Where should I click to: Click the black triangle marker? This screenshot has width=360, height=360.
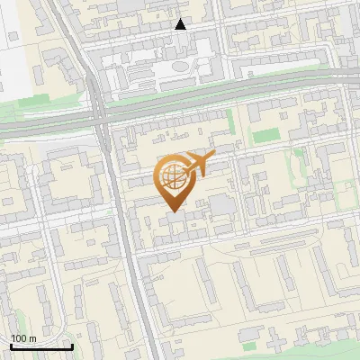[x=181, y=24]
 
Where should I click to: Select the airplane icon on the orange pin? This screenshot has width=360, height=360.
[x=197, y=164]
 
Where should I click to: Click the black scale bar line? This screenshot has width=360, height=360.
[x=40, y=347]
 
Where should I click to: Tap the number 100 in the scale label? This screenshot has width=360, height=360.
[x=20, y=338]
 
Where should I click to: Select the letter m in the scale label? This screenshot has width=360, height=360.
[x=32, y=338]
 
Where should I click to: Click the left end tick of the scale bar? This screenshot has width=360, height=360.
[x=10, y=346]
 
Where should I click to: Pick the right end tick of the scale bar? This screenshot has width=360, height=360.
[x=72, y=346]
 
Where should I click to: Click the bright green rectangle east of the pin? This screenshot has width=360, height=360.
[x=266, y=137]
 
